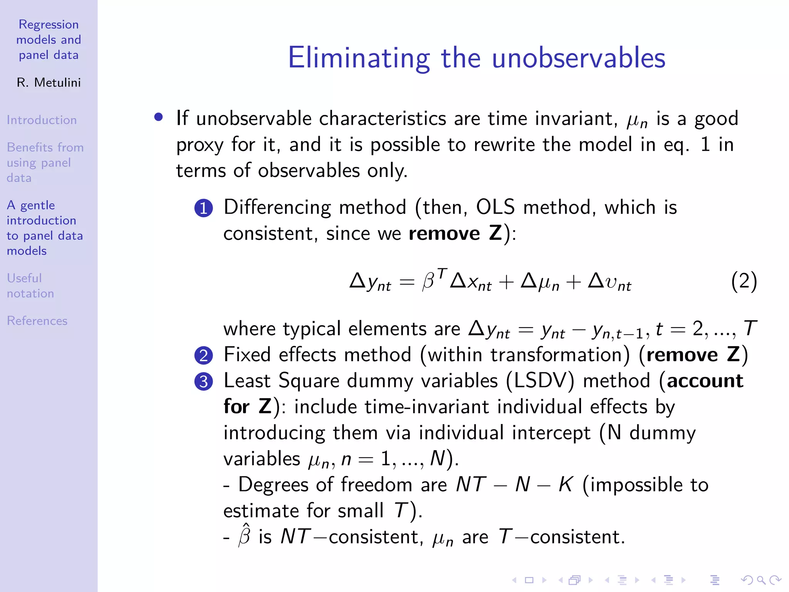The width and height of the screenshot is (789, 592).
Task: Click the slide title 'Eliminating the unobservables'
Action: [477, 58]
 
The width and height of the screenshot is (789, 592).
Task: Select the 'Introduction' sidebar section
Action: [42, 120]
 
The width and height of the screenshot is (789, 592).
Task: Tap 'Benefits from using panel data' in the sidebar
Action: [45, 162]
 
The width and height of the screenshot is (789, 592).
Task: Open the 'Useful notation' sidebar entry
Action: [30, 286]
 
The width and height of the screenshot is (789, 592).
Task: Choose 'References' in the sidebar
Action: [37, 321]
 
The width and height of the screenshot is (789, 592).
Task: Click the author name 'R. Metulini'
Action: [49, 82]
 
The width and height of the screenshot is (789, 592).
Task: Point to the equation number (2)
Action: [744, 281]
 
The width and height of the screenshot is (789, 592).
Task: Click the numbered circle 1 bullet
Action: [203, 209]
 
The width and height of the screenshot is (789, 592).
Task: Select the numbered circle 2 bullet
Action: [203, 355]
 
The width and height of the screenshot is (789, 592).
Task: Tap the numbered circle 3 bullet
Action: [203, 382]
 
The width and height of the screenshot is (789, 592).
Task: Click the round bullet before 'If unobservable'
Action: [158, 117]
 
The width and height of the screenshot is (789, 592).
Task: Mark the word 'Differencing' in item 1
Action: [277, 207]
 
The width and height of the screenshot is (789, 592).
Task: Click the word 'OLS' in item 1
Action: [495, 207]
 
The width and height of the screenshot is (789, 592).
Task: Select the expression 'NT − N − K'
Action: [514, 484]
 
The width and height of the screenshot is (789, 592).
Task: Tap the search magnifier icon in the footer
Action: [761, 580]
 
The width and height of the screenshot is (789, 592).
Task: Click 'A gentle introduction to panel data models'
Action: [45, 228]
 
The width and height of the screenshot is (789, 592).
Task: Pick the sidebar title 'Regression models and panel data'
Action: [49, 40]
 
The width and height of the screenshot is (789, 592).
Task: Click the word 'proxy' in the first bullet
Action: [200, 145]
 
